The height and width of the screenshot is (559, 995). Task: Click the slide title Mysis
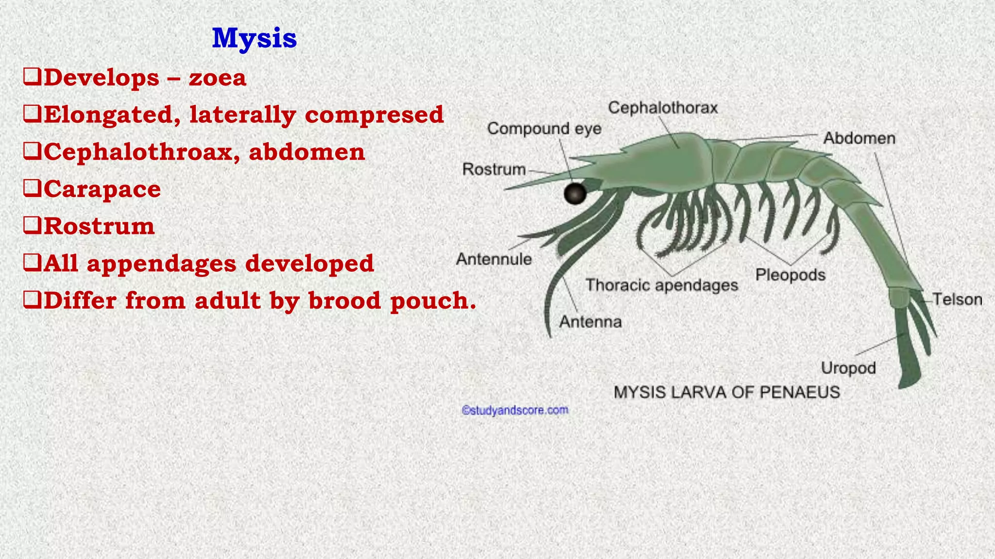pos(254,38)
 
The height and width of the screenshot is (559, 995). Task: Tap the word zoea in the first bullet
pos(217,78)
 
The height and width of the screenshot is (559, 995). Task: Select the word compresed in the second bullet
pos(374,115)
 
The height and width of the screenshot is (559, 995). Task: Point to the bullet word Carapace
pos(102,189)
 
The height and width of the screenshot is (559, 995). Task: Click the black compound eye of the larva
pos(575,193)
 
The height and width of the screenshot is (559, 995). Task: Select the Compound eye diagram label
pos(544,129)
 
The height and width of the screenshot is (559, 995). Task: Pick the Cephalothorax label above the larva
pos(663,107)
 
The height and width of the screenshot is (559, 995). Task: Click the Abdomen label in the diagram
pos(859,138)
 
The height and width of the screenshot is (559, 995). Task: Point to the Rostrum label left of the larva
pos(494,169)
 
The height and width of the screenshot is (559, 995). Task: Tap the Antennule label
pos(494,259)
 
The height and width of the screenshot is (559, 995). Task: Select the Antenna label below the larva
pos(590,322)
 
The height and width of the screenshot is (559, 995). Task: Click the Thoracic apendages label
pos(662,285)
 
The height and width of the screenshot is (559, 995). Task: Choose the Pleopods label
pos(790,275)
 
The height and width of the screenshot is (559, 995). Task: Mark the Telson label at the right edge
pos(957,299)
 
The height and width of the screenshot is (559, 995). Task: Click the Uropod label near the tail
pos(848,368)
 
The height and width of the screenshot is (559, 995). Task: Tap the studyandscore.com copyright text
pos(515,411)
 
